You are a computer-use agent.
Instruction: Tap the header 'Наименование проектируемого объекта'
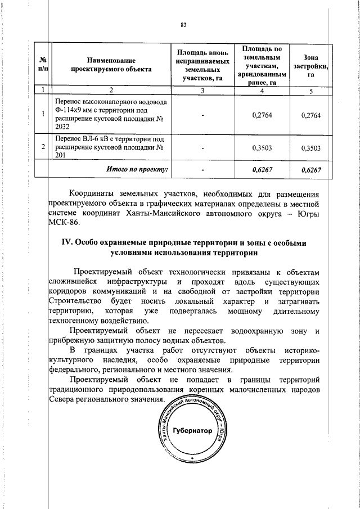[111, 64]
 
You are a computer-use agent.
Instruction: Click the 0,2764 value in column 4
[259, 115]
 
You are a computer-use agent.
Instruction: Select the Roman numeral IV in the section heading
[66, 243]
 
